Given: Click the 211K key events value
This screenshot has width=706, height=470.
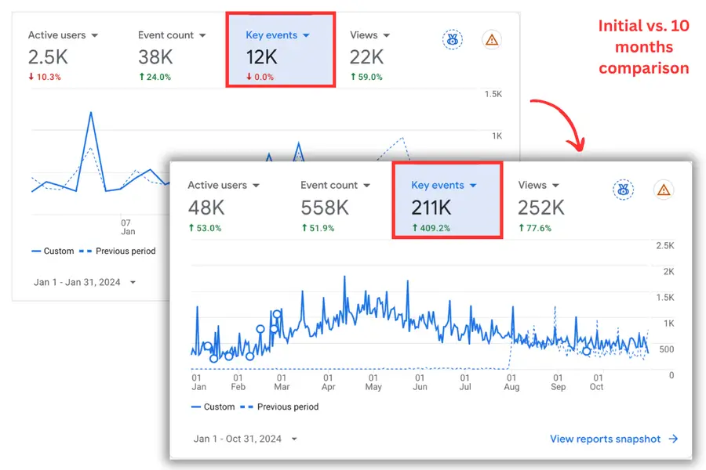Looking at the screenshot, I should (431, 208).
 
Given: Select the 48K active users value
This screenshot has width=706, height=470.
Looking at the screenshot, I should (206, 208).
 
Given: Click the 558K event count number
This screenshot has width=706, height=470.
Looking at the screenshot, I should (325, 208).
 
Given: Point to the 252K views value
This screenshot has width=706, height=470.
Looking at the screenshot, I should (540, 208).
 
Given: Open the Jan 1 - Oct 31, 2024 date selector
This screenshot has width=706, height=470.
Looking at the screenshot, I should (246, 439).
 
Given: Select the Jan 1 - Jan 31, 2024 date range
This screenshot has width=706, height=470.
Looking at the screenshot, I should (85, 282).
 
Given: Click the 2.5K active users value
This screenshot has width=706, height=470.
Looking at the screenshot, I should (48, 57).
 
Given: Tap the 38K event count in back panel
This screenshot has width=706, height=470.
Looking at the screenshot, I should (155, 57).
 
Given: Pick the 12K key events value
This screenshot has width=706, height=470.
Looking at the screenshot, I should (261, 57).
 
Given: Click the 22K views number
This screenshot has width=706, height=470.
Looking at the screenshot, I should (366, 57).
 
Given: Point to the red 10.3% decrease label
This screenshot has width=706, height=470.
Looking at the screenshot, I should (45, 77).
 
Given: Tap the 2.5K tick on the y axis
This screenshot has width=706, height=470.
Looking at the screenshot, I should (665, 246).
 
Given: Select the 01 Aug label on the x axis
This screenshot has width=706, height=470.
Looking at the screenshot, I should (511, 382).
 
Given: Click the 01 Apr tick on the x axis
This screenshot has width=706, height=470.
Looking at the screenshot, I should (328, 382).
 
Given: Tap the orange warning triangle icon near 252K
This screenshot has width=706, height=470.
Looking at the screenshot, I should (664, 190).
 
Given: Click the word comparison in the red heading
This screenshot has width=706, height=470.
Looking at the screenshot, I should (643, 68).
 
